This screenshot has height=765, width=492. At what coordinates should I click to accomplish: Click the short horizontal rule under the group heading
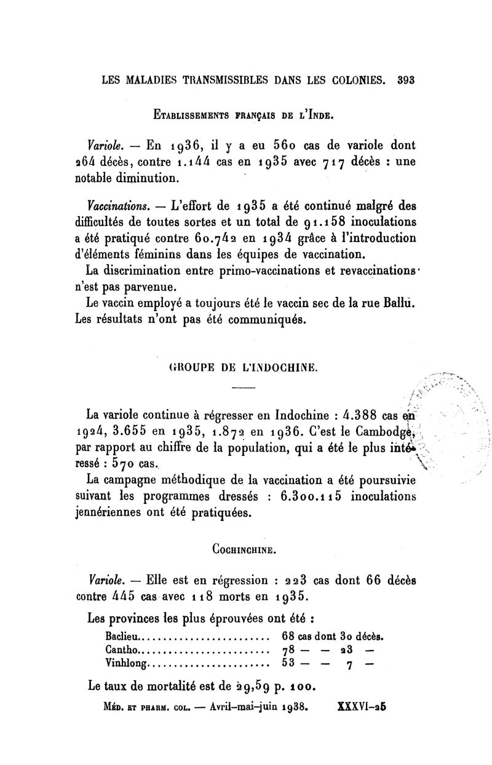click(x=243, y=388)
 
